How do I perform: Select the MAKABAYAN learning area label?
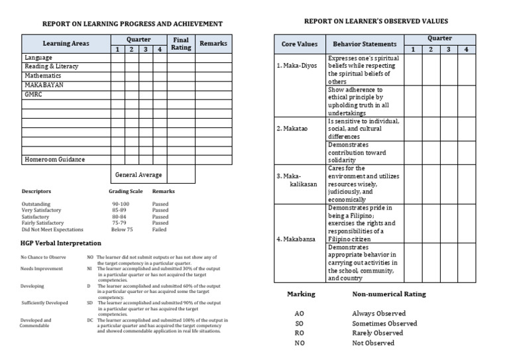[x=44, y=86]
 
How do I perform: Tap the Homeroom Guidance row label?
[x=54, y=160]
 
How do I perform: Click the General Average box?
[x=138, y=175]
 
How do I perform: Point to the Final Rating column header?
[x=181, y=43]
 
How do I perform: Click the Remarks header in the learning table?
[x=213, y=44]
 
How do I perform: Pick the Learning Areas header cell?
[x=66, y=44]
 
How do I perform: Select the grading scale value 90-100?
[x=121, y=204]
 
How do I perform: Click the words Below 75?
[x=122, y=229]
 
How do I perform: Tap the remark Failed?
[x=159, y=229]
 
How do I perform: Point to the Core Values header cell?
[x=299, y=44]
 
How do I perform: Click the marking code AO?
[x=300, y=314]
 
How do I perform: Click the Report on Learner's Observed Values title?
[x=376, y=22]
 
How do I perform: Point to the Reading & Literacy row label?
[x=51, y=67]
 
